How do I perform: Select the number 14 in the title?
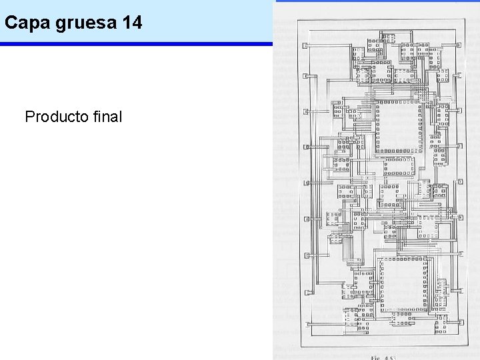[x=133, y=23]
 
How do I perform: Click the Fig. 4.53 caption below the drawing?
[x=384, y=357]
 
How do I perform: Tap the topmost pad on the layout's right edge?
[x=459, y=46]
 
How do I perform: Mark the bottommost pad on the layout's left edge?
[x=307, y=325]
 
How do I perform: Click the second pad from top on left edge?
[x=305, y=76]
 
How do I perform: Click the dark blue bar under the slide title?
[x=137, y=44]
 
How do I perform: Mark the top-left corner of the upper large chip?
[x=375, y=102]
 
